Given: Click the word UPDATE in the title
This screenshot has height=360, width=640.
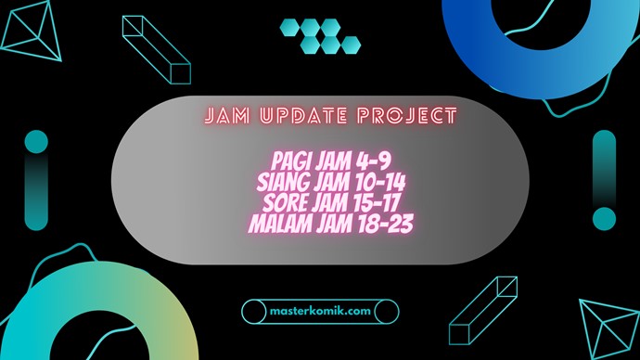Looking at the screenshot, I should click(x=313, y=118).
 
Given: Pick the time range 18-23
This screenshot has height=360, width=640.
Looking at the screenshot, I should click(x=386, y=222).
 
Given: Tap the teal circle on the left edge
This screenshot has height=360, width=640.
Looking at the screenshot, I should click(x=35, y=142).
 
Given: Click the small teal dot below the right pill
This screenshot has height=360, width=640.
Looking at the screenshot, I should click(x=604, y=221).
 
